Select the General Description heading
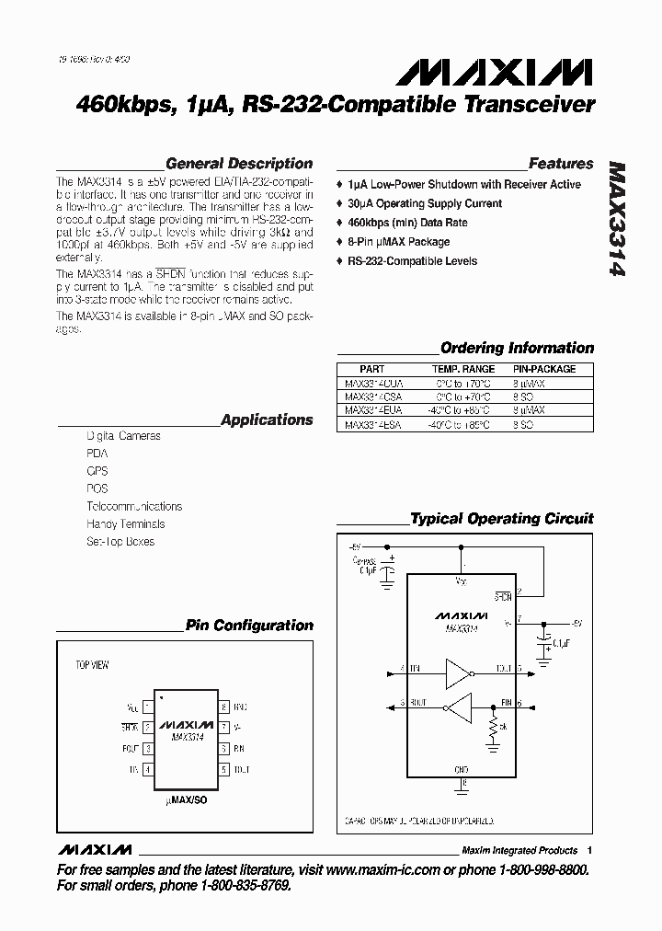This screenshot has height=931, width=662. coord(239,164)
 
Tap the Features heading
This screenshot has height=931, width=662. coord(561,164)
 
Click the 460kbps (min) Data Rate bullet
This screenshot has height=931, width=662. coord(406,223)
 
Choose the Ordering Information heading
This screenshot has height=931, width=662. coord(517,348)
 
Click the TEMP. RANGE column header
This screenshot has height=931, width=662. coord(462,369)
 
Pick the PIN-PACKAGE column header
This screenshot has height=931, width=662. coord(544,369)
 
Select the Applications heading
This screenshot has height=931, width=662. coord(267,420)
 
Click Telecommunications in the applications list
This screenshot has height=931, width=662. coord(134,506)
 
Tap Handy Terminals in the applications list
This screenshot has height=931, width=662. coord(126,523)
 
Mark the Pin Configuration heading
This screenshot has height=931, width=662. coord(249,626)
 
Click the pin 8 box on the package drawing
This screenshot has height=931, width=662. coord(223,707)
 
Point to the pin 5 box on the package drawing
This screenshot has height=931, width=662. coord(223,768)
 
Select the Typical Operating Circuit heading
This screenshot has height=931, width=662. coord(501,519)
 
